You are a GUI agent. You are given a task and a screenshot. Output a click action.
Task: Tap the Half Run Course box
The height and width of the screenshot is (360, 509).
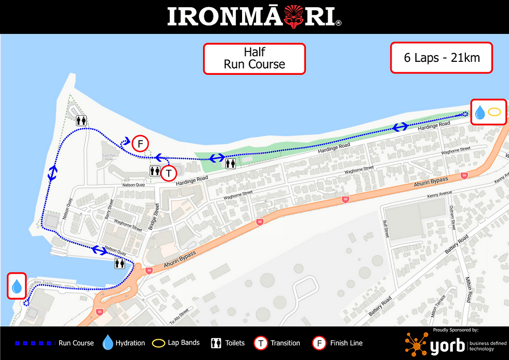pos(254,58)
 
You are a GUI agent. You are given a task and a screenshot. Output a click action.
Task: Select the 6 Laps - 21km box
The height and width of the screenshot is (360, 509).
pos(441,57)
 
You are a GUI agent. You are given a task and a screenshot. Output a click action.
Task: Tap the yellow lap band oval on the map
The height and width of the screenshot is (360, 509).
pos(494,111)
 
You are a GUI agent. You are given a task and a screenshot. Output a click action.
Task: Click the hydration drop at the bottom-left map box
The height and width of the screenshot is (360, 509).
pos(17,286)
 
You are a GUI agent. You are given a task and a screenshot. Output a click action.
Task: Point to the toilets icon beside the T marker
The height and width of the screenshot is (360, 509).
pos(155,171)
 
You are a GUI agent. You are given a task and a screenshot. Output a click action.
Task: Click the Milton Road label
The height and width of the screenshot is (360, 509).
pos(469,289)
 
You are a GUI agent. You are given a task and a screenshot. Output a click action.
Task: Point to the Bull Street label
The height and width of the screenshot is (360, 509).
pos(386,229)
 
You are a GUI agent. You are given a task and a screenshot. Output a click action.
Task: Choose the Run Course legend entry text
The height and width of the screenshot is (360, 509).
pos(76,343)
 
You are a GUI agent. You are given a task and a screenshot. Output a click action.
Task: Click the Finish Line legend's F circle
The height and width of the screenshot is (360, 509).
pos(319,343)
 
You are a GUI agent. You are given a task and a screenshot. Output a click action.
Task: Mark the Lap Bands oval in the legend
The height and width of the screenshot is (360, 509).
pos(158,343)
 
